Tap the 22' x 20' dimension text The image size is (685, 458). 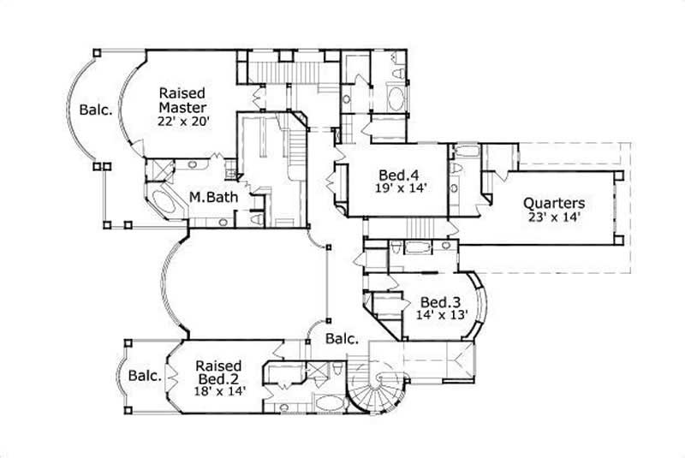point(182,122)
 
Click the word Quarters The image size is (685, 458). point(554,203)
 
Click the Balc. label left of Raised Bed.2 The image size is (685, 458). point(145,375)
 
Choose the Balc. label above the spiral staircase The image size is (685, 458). point(341,339)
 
